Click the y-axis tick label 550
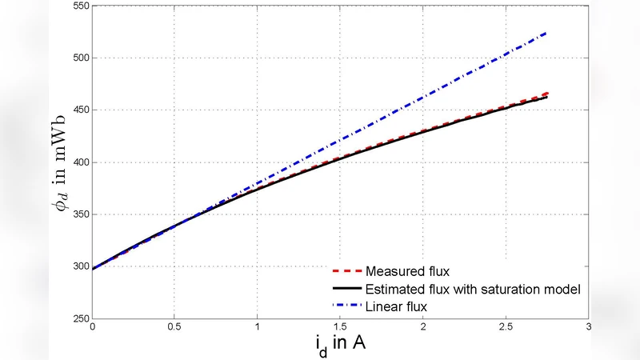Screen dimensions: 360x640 [78, 6]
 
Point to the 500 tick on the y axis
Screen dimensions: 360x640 [78, 58]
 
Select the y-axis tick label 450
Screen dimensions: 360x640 [78, 110]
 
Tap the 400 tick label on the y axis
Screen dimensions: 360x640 [78, 162]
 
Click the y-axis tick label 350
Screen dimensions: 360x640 [78, 214]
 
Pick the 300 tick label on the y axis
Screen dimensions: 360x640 [78, 266]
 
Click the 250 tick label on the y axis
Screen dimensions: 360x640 [78, 318]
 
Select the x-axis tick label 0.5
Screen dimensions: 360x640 [175, 327]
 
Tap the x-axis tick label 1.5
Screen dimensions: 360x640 [340, 327]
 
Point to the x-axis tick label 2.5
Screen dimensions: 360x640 [505, 327]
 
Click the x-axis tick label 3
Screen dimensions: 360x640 [588, 327]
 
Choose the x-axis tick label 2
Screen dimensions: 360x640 [422, 327]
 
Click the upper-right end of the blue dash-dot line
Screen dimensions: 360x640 [547, 33]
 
